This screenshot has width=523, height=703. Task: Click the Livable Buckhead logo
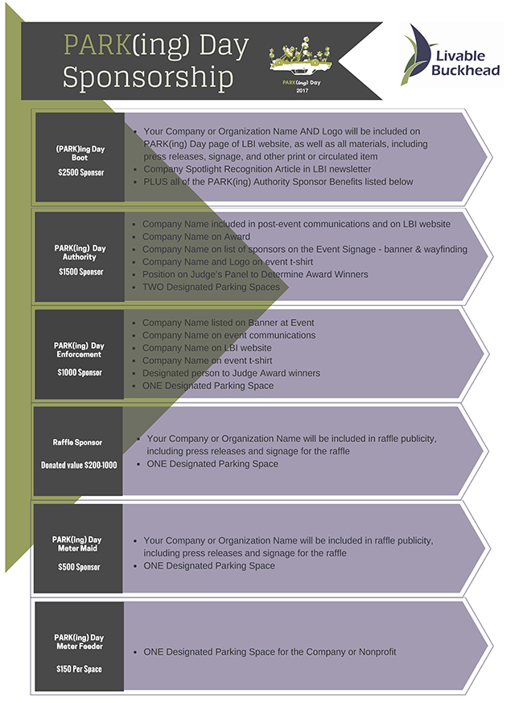pyautogui.click(x=451, y=55)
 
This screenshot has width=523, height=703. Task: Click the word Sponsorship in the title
pyautogui.click(x=148, y=77)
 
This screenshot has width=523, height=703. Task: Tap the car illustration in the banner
pyautogui.click(x=300, y=56)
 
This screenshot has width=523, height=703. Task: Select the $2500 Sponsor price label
pyautogui.click(x=80, y=172)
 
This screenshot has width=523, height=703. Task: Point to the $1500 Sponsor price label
pyautogui.click(x=80, y=272)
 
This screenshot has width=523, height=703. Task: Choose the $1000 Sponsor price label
pyautogui.click(x=80, y=373)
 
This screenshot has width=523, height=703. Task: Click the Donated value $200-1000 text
pyautogui.click(x=79, y=465)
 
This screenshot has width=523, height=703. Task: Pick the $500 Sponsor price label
pyautogui.click(x=79, y=567)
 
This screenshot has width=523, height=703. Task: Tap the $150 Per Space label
pyautogui.click(x=79, y=669)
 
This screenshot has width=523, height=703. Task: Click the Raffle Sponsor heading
pyautogui.click(x=77, y=443)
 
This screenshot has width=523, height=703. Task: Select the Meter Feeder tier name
pyautogui.click(x=80, y=646)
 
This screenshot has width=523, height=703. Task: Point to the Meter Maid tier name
pyautogui.click(x=77, y=548)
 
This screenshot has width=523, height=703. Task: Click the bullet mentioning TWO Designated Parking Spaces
pyautogui.click(x=211, y=287)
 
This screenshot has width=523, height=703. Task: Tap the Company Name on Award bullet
pyautogui.click(x=196, y=237)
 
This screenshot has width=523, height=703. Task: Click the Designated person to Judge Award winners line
pyautogui.click(x=231, y=373)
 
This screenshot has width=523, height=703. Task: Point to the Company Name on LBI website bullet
pyautogui.click(x=207, y=348)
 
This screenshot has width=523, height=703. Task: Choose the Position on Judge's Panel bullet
pyautogui.click(x=255, y=275)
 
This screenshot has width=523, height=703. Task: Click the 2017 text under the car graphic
pyautogui.click(x=302, y=90)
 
